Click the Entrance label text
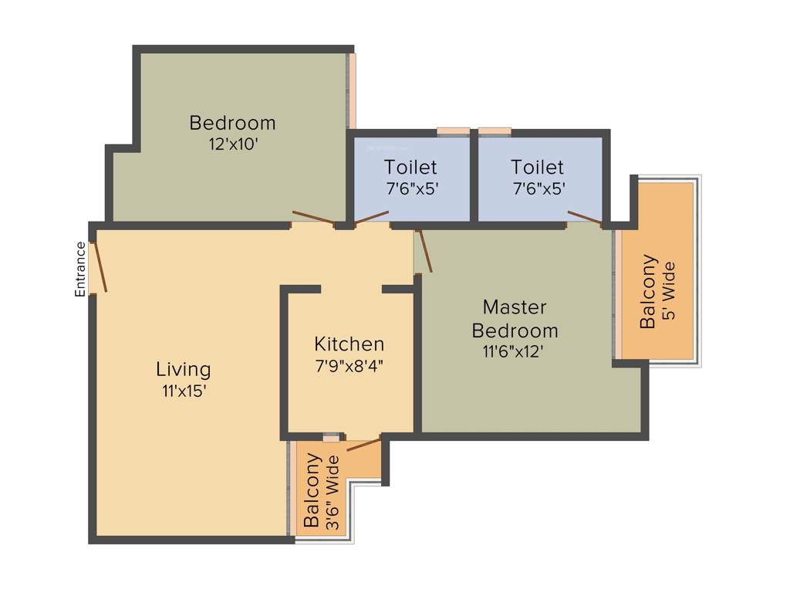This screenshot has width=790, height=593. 79,269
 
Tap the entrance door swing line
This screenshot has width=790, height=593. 99,267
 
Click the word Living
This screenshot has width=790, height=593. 184,368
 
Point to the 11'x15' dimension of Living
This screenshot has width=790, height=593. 184,391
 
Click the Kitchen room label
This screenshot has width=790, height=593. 349,344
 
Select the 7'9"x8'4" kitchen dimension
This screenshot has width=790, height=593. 349,365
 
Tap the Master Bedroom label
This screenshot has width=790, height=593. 515,318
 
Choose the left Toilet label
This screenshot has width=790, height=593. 410,167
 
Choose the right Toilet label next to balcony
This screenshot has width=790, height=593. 537,167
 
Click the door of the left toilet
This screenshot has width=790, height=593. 371,218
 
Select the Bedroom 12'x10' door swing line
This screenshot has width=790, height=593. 312,218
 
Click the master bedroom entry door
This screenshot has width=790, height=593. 424,251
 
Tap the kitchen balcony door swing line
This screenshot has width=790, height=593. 364,444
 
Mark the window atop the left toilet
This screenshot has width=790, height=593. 453,131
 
